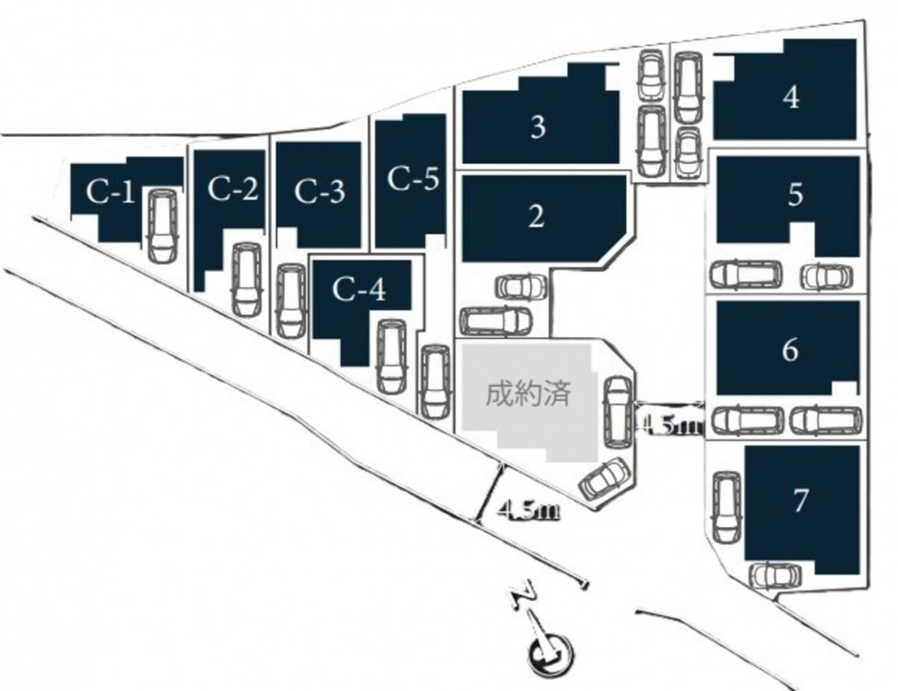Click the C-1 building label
(x=111, y=193)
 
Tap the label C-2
(x=231, y=189)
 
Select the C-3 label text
(x=320, y=193)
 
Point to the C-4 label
(x=359, y=291)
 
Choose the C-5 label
(x=413, y=178)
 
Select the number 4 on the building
(x=790, y=98)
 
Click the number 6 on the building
(x=789, y=351)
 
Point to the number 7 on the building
(x=800, y=500)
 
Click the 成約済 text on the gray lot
(x=528, y=395)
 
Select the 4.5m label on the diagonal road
(x=529, y=509)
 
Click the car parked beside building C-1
(x=160, y=225)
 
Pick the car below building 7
(x=774, y=576)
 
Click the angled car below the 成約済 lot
(x=605, y=477)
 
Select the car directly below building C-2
(x=246, y=279)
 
